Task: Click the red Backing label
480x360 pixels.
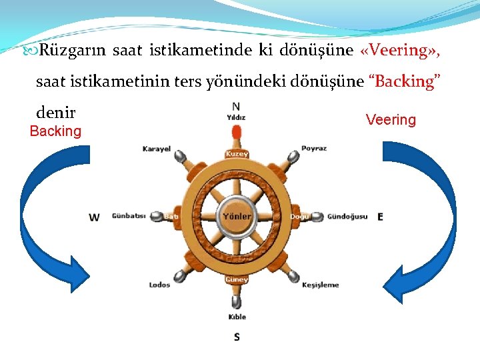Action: pos(55,131)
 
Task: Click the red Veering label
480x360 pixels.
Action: pos(391,120)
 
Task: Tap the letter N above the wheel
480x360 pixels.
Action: pos(236,106)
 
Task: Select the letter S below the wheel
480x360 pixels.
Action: pos(237,337)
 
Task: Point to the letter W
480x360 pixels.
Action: pos(95,217)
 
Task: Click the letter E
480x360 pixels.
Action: pos(380,217)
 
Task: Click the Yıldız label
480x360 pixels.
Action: pos(236,117)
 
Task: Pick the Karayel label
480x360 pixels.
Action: pos(157,149)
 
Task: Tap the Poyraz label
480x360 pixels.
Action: pos(314,149)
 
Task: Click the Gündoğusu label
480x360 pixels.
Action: pos(347,217)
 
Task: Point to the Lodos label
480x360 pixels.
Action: pos(159,285)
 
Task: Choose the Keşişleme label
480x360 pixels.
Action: pos(321,285)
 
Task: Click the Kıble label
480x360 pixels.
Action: pos(237,317)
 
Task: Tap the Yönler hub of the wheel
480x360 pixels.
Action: pos(237,217)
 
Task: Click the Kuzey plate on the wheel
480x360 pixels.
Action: pos(237,154)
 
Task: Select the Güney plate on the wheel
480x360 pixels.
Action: pos(237,279)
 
